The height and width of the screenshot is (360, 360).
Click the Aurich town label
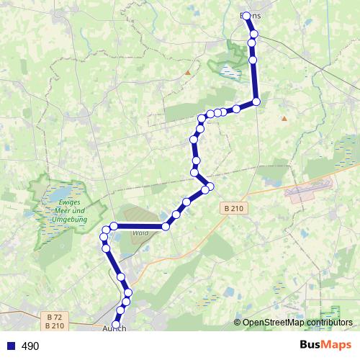(114, 328)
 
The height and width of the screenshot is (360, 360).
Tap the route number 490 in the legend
(30, 346)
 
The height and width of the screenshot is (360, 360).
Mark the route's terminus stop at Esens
(247, 16)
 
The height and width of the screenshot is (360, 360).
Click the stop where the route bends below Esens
(256, 102)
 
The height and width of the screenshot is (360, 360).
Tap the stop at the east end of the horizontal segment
(166, 226)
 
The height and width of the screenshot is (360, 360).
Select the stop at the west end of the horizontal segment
(114, 226)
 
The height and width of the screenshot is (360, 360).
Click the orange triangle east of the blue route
(284, 118)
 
